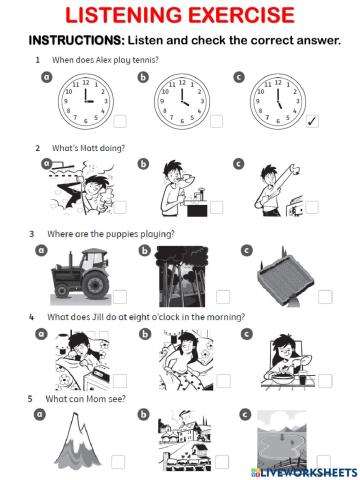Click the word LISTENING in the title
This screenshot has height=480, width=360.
(x=125, y=16)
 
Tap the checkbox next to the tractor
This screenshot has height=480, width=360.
(x=121, y=297)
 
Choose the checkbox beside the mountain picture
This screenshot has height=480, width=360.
(x=118, y=462)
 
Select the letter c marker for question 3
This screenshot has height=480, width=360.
(x=245, y=249)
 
